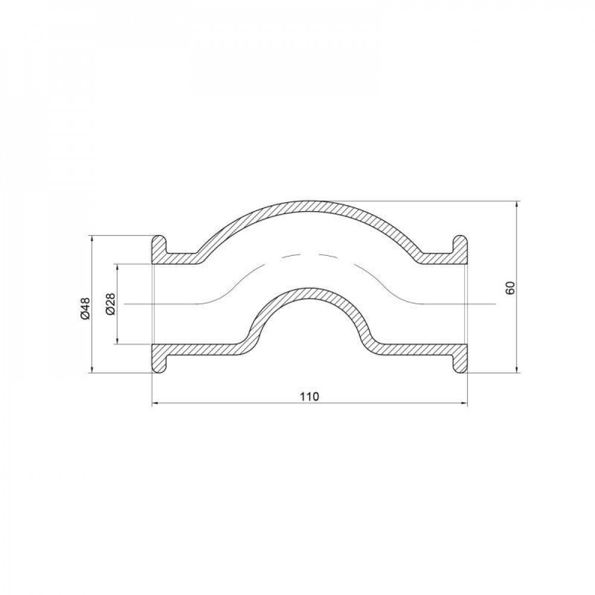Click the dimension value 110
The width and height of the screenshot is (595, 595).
(309, 396)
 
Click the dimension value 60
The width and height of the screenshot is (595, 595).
(510, 287)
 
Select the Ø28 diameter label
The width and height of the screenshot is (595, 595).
(109, 305)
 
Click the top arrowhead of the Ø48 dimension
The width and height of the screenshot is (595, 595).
(92, 239)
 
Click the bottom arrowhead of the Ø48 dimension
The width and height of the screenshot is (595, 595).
(92, 369)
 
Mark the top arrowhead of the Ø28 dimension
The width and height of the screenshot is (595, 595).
(118, 267)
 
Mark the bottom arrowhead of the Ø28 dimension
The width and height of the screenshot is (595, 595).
(118, 340)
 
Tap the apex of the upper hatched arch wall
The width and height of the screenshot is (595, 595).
(309, 205)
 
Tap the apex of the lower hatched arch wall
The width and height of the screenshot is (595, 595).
(309, 293)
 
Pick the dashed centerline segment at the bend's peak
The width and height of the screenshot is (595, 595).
(309, 255)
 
